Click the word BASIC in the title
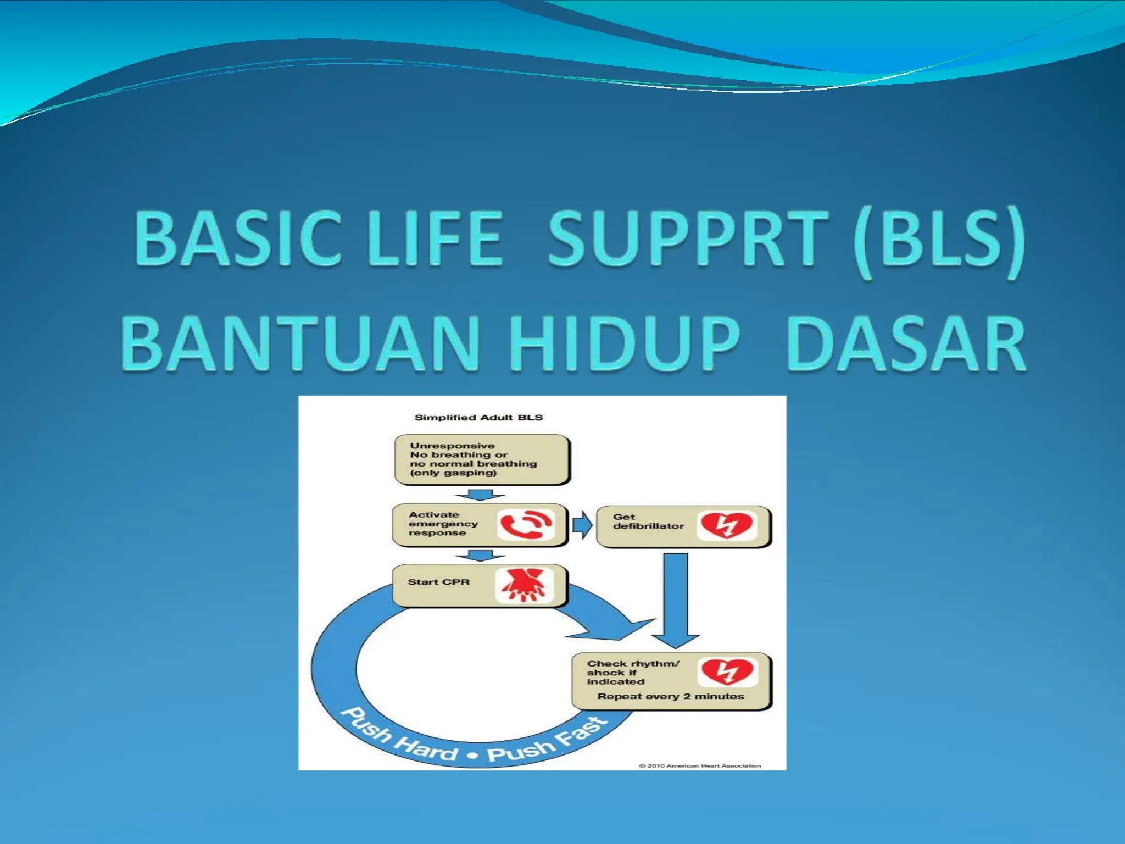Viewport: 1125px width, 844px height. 237,239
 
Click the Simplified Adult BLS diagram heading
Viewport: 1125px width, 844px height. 478,418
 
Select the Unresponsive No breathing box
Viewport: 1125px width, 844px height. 481,459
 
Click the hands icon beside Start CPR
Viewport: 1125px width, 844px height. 524,586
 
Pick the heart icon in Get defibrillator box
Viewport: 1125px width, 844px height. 726,525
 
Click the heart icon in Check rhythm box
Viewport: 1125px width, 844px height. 727,671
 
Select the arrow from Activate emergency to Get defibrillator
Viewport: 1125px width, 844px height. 582,525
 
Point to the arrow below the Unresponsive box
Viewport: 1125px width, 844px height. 480,495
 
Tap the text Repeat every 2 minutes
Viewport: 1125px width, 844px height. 670,697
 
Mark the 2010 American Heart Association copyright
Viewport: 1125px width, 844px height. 700,765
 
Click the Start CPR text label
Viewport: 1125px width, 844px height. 438,582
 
